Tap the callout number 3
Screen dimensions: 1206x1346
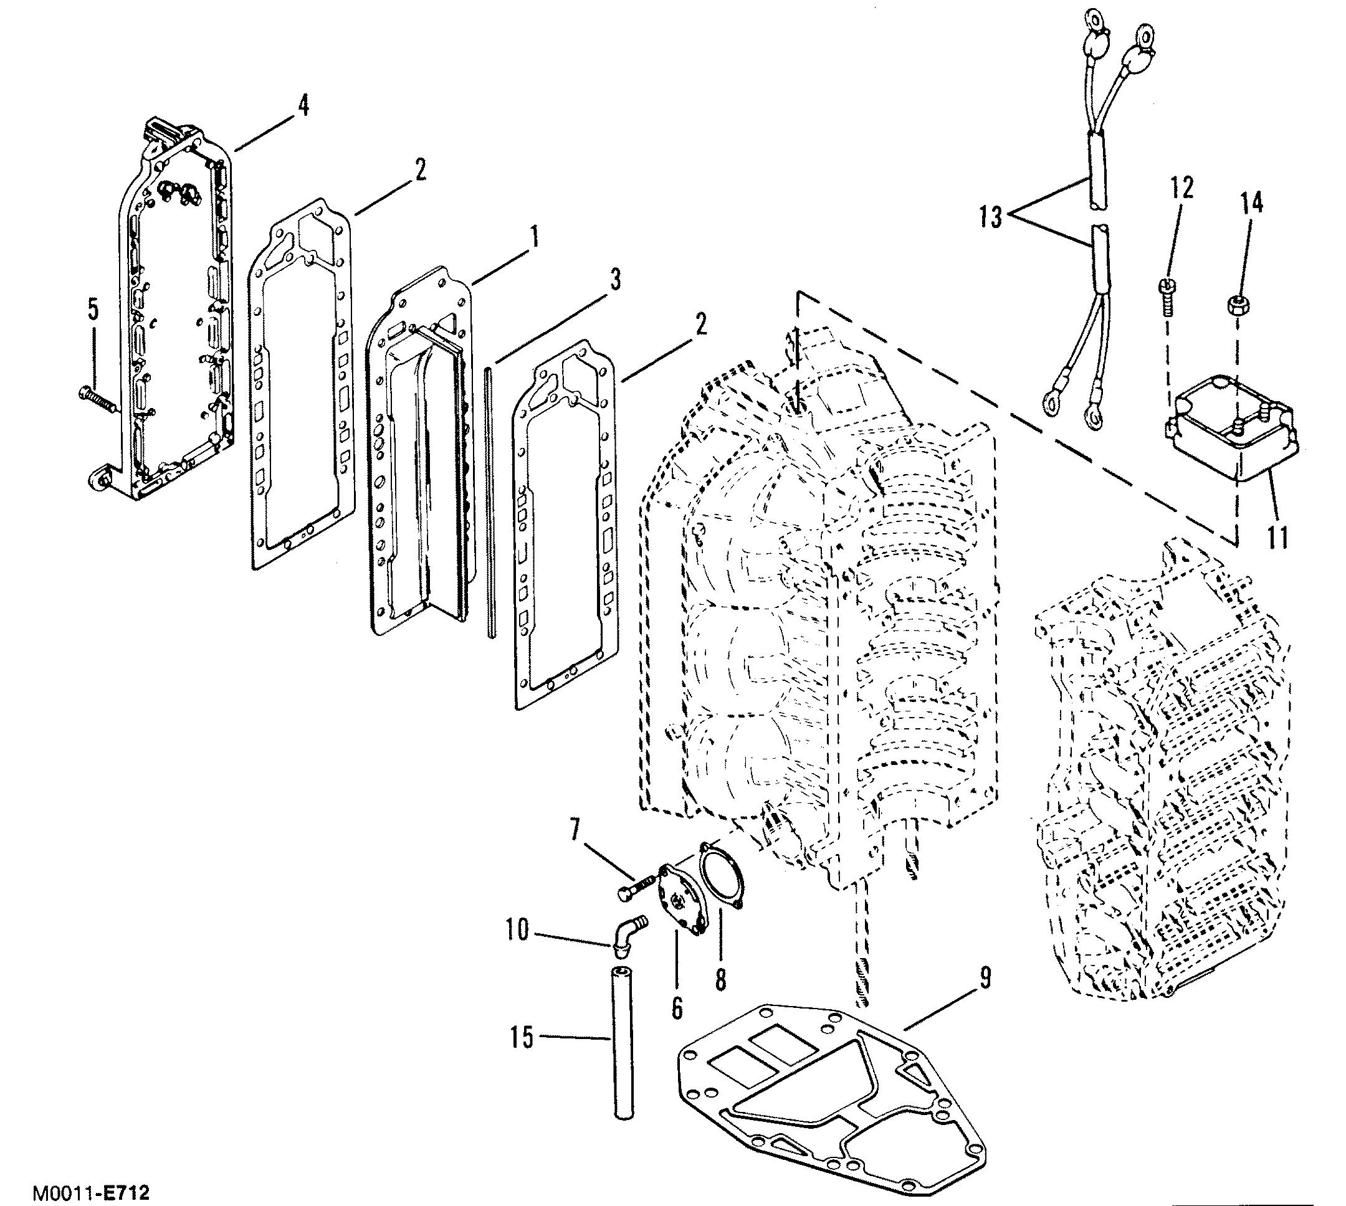point(615,280)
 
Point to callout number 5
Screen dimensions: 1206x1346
point(93,310)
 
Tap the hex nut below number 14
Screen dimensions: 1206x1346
point(1234,306)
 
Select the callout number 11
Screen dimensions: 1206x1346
point(1277,537)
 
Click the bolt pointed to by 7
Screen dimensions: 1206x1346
point(636,886)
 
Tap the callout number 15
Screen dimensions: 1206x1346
point(522,1038)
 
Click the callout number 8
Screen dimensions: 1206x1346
point(720,979)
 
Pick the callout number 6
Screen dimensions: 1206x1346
point(676,1007)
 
